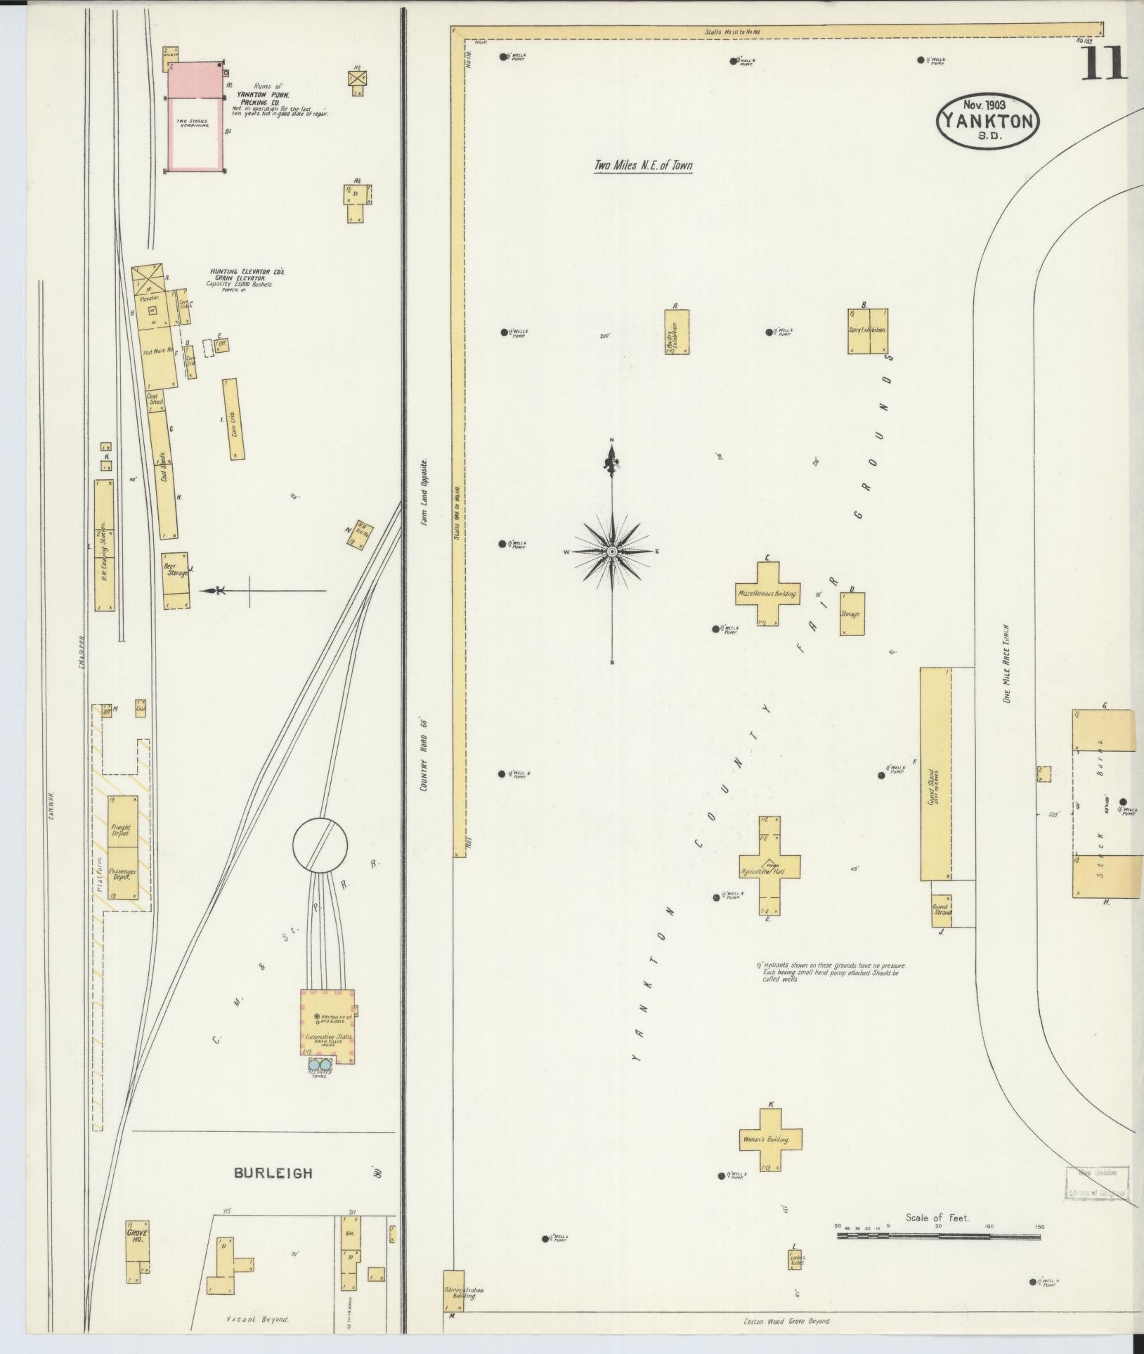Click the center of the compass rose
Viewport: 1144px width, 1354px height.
point(612,552)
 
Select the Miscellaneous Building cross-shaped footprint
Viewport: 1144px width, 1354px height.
point(767,594)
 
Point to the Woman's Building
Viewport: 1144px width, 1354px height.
point(770,1139)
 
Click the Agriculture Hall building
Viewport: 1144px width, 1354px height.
point(770,871)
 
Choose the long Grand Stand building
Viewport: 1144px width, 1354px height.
point(935,774)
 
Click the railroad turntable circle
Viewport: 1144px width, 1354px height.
point(320,843)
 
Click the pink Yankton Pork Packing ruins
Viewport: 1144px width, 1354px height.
point(195,116)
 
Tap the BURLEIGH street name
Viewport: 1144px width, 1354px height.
point(273,1173)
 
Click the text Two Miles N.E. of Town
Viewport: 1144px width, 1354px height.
point(643,167)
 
